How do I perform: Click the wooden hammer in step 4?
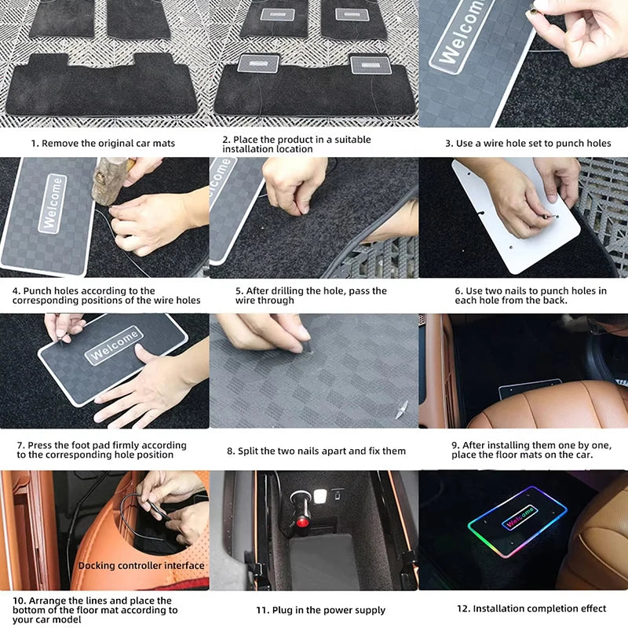click(x=112, y=181)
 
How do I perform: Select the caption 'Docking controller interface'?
click(x=141, y=565)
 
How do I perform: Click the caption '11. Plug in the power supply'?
click(x=321, y=610)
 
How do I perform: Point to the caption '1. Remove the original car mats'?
click(x=104, y=143)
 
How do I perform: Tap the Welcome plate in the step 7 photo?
click(x=113, y=359)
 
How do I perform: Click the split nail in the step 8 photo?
click(x=402, y=409)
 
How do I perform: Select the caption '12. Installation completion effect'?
click(x=531, y=608)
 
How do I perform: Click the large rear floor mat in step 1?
click(x=102, y=86)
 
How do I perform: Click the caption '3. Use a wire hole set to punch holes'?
click(x=528, y=143)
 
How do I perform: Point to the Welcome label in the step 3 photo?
click(x=462, y=34)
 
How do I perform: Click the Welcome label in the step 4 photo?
click(x=53, y=204)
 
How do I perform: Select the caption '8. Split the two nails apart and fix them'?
click(x=316, y=451)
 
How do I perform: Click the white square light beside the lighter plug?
click(x=320, y=496)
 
